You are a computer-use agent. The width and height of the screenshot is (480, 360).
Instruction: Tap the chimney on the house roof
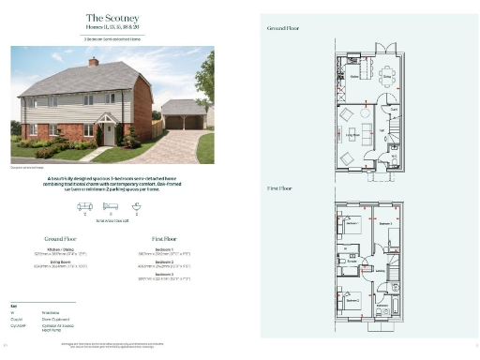tap(94, 61)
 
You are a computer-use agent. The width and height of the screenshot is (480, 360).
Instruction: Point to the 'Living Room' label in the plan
tap(353, 135)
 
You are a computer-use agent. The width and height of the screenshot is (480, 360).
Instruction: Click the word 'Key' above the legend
tap(14, 306)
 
